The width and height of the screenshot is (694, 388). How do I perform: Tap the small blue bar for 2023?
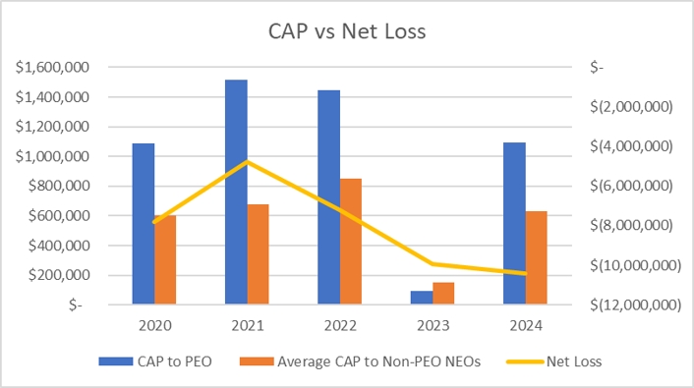pos(422,297)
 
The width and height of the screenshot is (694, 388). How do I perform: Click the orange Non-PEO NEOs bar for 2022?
pos(350,241)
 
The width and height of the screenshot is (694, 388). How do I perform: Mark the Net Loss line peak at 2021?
pos(247,161)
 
